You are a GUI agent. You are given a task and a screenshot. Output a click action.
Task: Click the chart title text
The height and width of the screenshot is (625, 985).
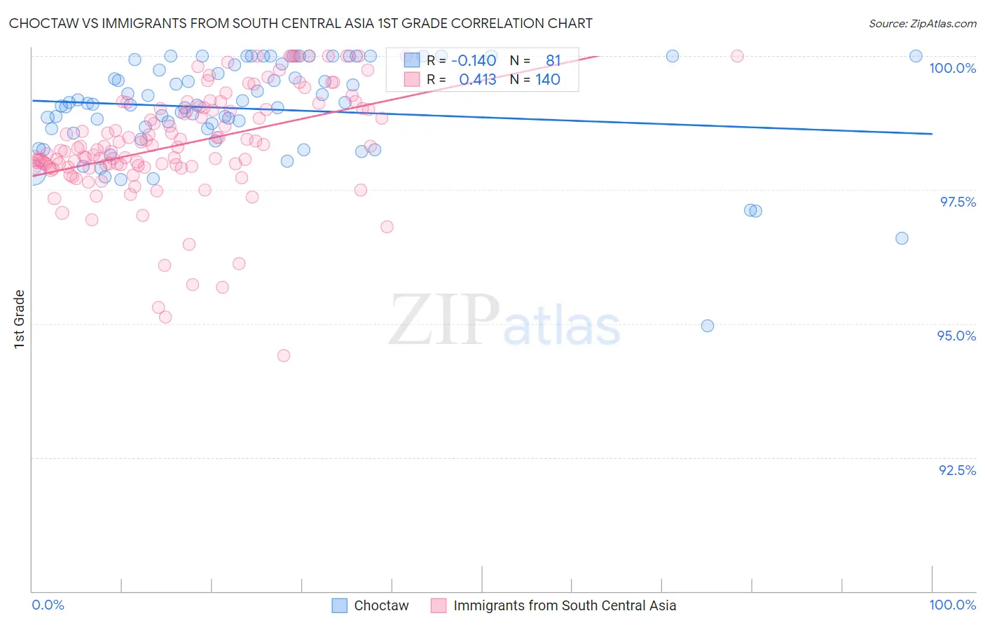(301, 23)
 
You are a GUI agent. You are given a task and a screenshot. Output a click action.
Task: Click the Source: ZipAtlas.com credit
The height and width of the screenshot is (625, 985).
(922, 23)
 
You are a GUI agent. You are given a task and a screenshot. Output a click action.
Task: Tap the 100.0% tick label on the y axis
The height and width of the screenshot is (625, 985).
(952, 68)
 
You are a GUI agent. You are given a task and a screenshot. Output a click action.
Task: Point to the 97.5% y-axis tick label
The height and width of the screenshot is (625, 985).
(958, 202)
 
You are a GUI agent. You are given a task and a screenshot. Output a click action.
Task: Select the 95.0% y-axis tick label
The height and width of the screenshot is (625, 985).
(956, 336)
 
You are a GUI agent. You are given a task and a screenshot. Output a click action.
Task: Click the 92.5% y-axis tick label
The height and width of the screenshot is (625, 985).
(957, 470)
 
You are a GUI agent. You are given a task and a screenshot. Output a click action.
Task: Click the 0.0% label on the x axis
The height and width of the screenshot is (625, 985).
(48, 605)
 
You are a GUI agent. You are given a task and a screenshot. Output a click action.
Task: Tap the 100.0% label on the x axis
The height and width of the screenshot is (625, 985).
(952, 605)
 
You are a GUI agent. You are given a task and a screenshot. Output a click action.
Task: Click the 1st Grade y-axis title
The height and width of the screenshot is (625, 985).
(20, 319)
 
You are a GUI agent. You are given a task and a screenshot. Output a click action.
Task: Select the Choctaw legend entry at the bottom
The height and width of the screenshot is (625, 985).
(380, 605)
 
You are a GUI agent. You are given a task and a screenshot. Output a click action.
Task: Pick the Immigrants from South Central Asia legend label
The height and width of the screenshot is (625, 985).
(564, 605)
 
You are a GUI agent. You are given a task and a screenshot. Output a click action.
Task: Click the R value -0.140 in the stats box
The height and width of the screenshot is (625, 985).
(474, 60)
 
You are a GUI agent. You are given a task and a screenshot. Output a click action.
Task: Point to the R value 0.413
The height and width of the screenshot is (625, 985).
(477, 80)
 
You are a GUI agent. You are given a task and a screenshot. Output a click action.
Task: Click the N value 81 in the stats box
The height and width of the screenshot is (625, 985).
(553, 60)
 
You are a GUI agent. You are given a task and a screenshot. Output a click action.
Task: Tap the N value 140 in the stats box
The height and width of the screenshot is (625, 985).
(547, 80)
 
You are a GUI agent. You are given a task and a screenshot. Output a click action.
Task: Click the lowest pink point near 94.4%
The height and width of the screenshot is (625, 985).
(284, 355)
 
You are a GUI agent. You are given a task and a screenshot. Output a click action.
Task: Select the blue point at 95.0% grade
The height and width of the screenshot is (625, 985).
(708, 326)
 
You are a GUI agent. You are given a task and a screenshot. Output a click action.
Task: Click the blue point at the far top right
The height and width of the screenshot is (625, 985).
(916, 56)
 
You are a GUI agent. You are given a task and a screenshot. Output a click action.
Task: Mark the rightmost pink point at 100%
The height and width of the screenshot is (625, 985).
(737, 56)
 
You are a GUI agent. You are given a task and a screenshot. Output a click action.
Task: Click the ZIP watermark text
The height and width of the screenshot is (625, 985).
(444, 320)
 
